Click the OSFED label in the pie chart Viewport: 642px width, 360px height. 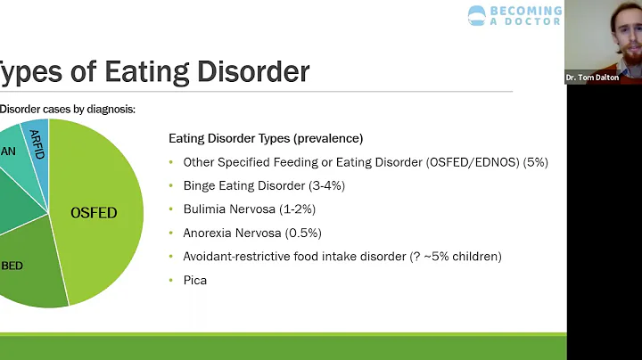94,213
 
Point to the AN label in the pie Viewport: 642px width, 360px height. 8,152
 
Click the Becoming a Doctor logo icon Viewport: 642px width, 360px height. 478,15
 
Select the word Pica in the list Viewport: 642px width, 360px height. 194,280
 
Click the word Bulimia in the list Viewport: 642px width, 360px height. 204,209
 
